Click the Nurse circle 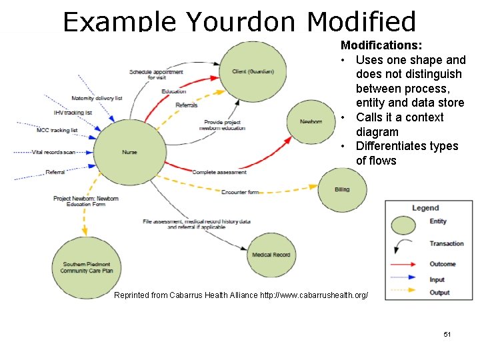[130, 152]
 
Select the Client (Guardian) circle [252, 72]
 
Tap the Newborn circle [310, 122]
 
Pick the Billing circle [342, 189]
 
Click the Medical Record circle [271, 255]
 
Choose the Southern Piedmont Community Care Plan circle [86, 267]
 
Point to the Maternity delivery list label [97, 98]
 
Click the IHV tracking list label [73, 113]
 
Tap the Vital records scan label [54, 152]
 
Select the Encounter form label [240, 192]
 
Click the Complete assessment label [219, 172]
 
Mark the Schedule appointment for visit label [156, 75]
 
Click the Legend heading [425, 208]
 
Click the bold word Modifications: [381, 45]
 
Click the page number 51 [447, 333]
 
